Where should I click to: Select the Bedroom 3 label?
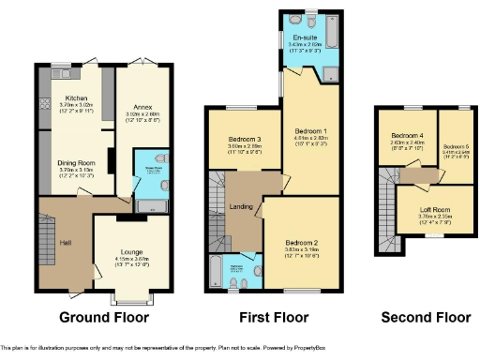click(x=244, y=140)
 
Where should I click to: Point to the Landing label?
click(x=241, y=206)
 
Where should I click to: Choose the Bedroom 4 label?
click(x=407, y=136)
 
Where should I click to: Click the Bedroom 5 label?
click(x=453, y=146)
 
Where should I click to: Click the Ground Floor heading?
click(x=104, y=317)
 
